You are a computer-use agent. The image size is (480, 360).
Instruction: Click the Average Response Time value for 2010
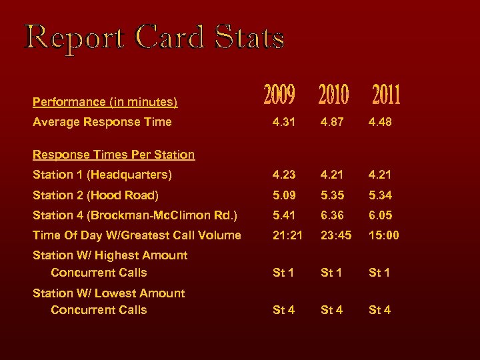tap(334, 122)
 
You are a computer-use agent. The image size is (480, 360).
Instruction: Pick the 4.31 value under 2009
tap(285, 122)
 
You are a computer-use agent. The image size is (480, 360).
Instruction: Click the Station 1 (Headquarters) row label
tap(102, 175)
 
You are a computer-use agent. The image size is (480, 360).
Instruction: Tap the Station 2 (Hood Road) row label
tap(95, 195)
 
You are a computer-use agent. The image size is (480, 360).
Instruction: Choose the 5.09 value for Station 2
tap(285, 195)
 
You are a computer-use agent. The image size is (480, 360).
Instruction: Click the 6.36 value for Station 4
tap(334, 215)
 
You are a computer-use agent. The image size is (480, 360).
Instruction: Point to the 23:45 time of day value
tap(336, 235)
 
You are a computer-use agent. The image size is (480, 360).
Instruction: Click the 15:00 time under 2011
tap(385, 235)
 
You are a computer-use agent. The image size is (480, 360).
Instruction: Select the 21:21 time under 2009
tap(287, 235)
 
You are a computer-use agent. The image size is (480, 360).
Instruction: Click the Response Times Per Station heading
tap(113, 155)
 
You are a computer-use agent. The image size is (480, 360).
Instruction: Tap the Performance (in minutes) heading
tap(105, 102)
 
